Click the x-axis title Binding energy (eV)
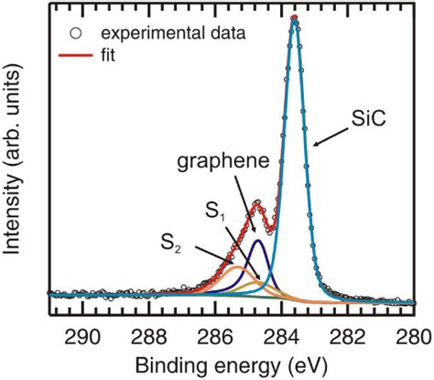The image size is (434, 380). (234, 364)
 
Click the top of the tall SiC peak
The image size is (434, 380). (294, 18)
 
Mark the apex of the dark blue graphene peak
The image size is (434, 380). (258, 241)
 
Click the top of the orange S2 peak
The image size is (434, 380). (237, 266)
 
